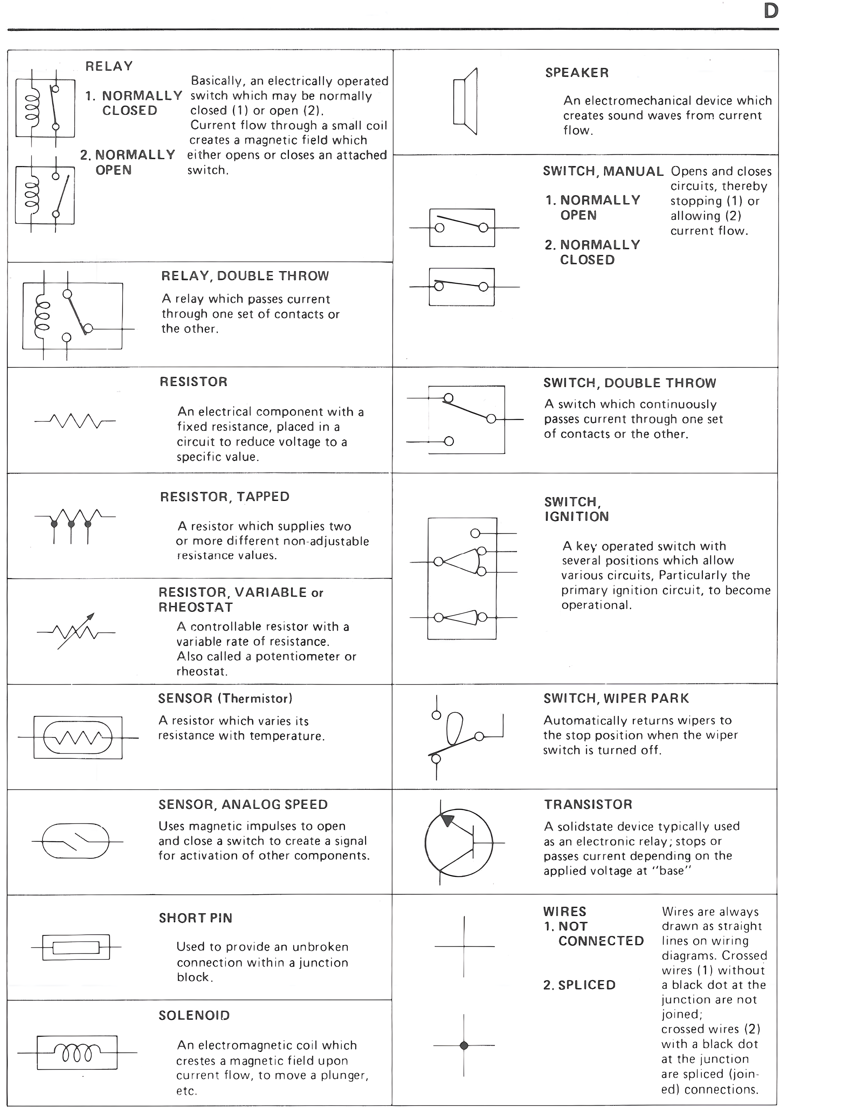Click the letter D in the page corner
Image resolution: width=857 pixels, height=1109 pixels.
pyautogui.click(x=771, y=11)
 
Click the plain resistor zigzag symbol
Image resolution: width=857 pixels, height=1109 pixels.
pyautogui.click(x=75, y=421)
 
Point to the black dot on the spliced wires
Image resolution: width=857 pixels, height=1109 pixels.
pyautogui.click(x=464, y=1045)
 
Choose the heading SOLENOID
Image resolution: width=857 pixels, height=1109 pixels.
pyautogui.click(x=194, y=1015)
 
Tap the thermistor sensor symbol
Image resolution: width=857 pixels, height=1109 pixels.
pyautogui.click(x=78, y=737)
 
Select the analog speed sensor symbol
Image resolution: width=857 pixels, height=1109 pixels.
pyautogui.click(x=75, y=841)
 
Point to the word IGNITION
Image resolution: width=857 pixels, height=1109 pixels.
pyautogui.click(x=576, y=517)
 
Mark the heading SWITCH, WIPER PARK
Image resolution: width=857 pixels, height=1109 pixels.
pyautogui.click(x=616, y=698)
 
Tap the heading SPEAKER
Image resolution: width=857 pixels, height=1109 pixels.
pyautogui.click(x=577, y=73)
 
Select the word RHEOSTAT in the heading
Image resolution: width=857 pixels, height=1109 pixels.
pyautogui.click(x=196, y=607)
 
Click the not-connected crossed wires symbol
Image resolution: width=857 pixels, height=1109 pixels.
pyautogui.click(x=464, y=946)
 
